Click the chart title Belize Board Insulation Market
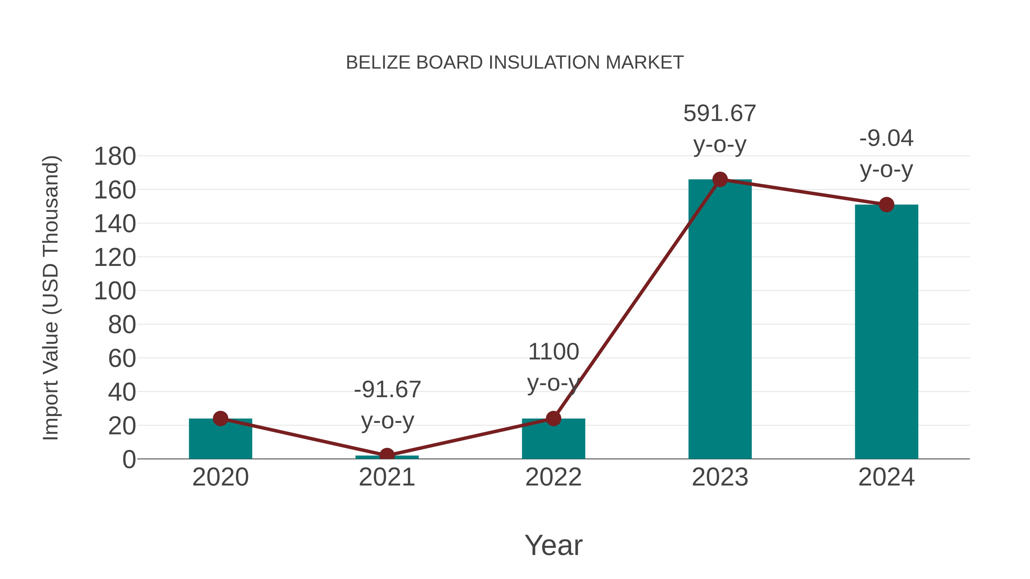point(515,63)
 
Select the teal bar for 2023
point(720,320)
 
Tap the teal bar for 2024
point(886,332)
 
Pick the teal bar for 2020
point(220,439)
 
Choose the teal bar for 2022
point(553,439)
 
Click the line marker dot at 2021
point(387,455)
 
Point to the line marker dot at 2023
point(720,179)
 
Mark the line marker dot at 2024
point(886,205)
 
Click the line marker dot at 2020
point(220,418)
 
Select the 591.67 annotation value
point(720,114)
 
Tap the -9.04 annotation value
point(886,139)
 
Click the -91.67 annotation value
point(387,390)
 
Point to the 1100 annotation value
point(553,352)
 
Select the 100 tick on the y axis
point(115,291)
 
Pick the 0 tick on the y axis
point(129,459)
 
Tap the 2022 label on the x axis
point(553,477)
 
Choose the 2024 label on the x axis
point(886,477)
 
